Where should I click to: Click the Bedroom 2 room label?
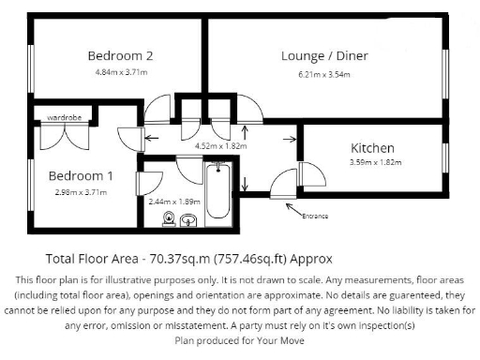tap(120, 55)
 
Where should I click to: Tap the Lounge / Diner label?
tap(324, 56)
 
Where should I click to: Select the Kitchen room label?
tap(372, 148)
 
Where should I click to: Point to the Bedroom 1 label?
tap(82, 175)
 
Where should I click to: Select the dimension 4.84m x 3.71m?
tap(121, 72)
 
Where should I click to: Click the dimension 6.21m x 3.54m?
tap(325, 72)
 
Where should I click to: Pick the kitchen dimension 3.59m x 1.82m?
tap(375, 162)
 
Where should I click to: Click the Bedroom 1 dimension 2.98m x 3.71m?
tap(81, 192)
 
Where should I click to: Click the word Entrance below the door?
tap(315, 217)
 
